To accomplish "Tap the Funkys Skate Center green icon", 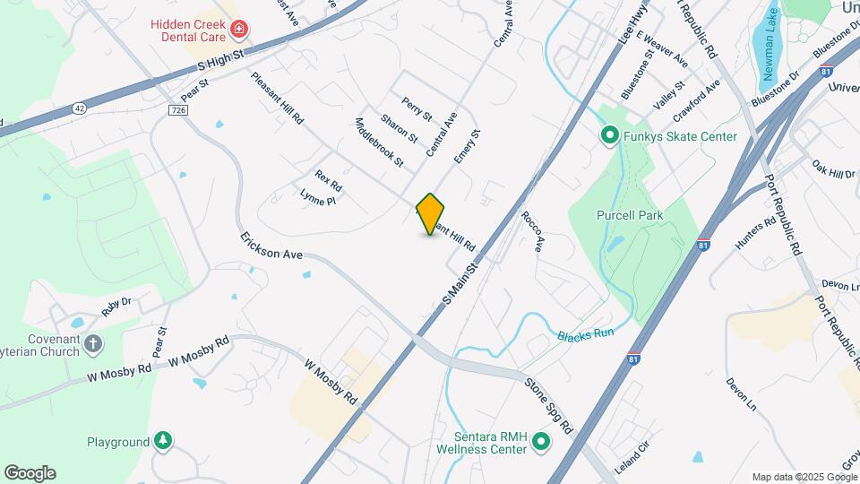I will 610,136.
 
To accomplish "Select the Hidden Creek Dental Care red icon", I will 239,30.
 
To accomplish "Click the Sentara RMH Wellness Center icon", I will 541,441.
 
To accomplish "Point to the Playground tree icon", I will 163,441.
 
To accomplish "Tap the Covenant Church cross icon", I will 93,343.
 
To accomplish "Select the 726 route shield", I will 176,109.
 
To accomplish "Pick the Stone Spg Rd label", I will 548,406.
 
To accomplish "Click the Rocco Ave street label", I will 533,231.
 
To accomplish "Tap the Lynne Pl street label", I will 317,199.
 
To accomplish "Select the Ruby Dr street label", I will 116,306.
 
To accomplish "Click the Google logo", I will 30,472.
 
